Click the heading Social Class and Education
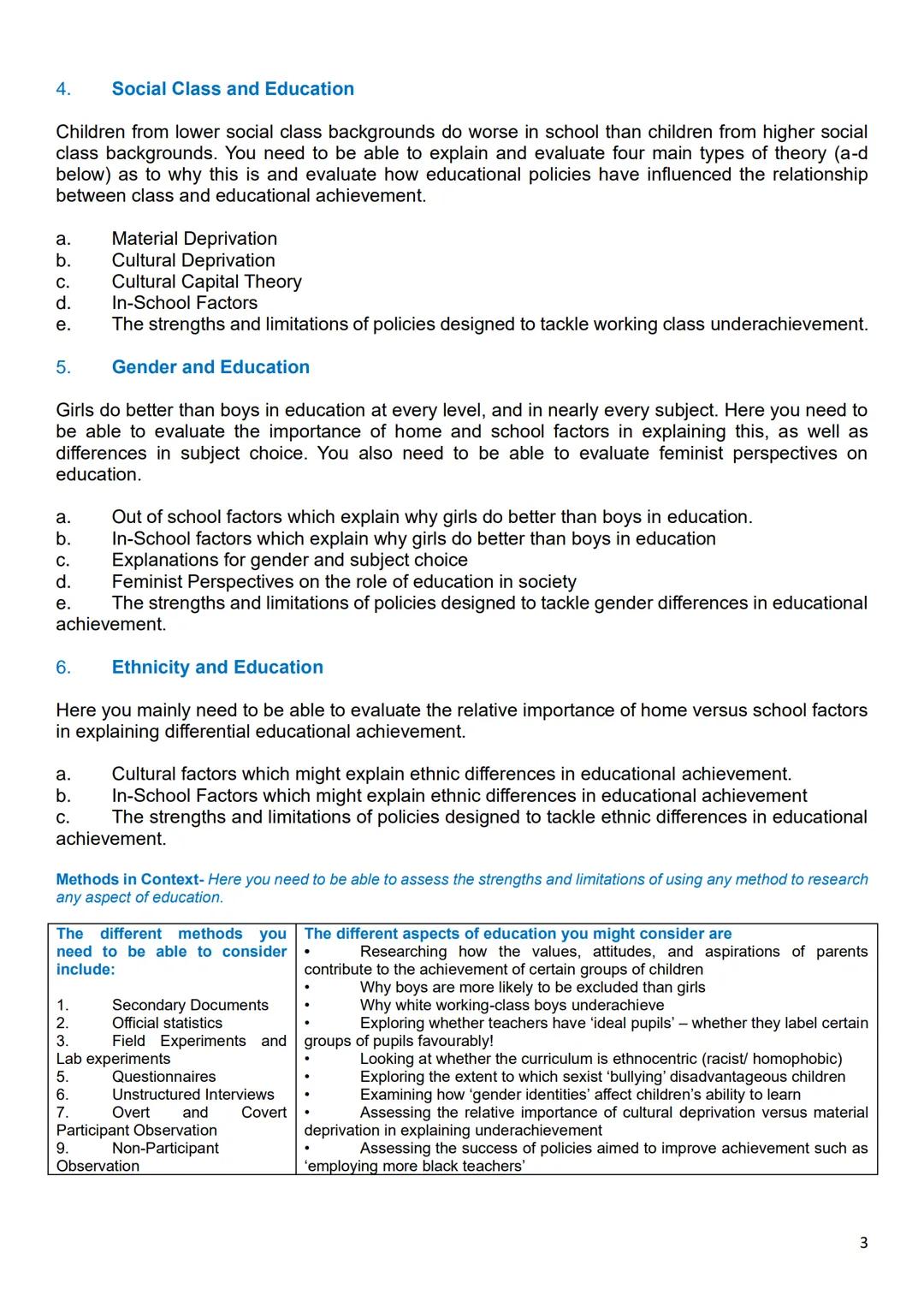click(x=232, y=89)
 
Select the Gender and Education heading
click(x=210, y=367)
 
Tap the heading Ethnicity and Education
click(x=217, y=668)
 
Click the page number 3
click(x=863, y=1243)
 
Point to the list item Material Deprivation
click(x=194, y=239)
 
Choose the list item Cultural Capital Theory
click(x=206, y=282)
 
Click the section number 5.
click(x=62, y=367)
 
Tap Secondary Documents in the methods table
click(x=190, y=1005)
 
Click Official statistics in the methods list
click(x=167, y=1023)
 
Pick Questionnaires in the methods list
click(x=163, y=1077)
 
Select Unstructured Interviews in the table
click(x=192, y=1095)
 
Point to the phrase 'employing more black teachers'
click(x=414, y=1166)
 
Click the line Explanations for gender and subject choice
click(x=289, y=561)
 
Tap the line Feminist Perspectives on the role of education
click(x=343, y=582)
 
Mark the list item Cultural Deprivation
click(x=193, y=260)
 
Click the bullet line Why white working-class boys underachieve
click(x=512, y=1005)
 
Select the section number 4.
click(x=62, y=89)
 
